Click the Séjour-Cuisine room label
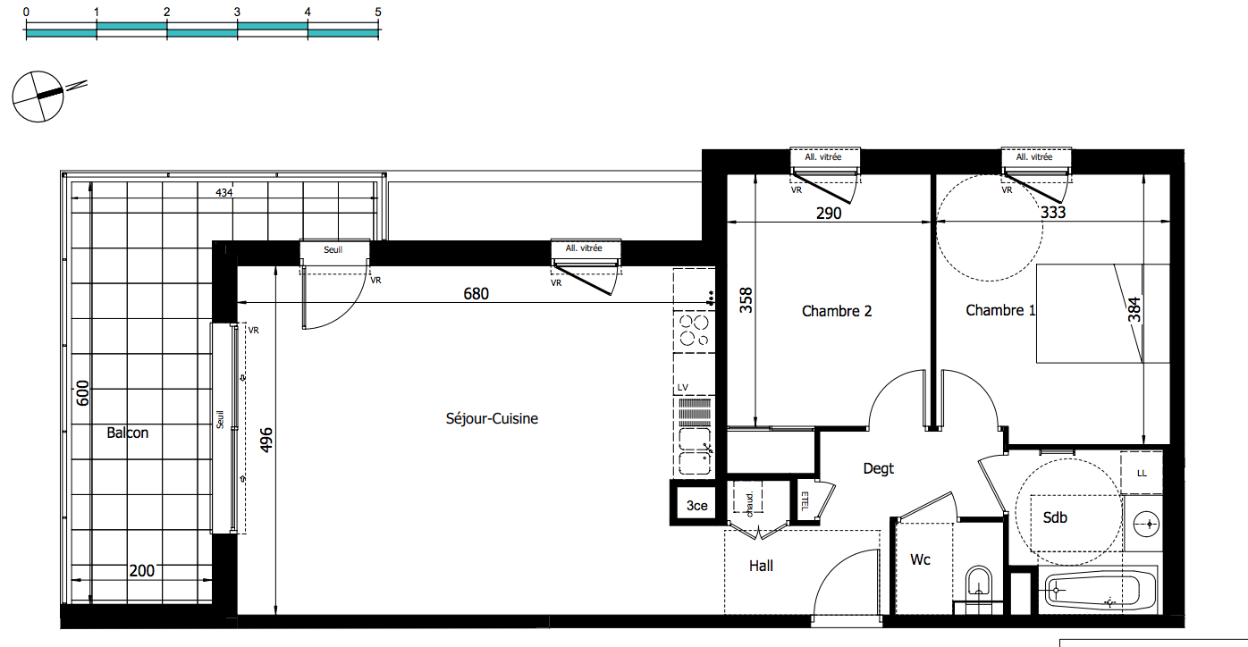tap(492, 419)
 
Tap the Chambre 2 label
tap(836, 311)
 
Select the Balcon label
tap(128, 433)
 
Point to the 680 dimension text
tap(476, 293)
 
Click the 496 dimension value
tap(266, 440)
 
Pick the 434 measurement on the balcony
tap(224, 193)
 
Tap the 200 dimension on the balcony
tap(141, 571)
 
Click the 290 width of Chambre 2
tap(829, 214)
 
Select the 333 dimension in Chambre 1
tap(1053, 212)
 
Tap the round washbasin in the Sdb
tap(1146, 524)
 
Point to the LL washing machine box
tap(1142, 473)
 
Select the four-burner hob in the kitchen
tap(695, 331)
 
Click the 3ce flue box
tap(697, 505)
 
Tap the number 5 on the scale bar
tap(378, 12)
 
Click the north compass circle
tap(38, 97)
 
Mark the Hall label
tap(761, 566)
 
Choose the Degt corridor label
tap(878, 469)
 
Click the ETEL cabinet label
tap(804, 501)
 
